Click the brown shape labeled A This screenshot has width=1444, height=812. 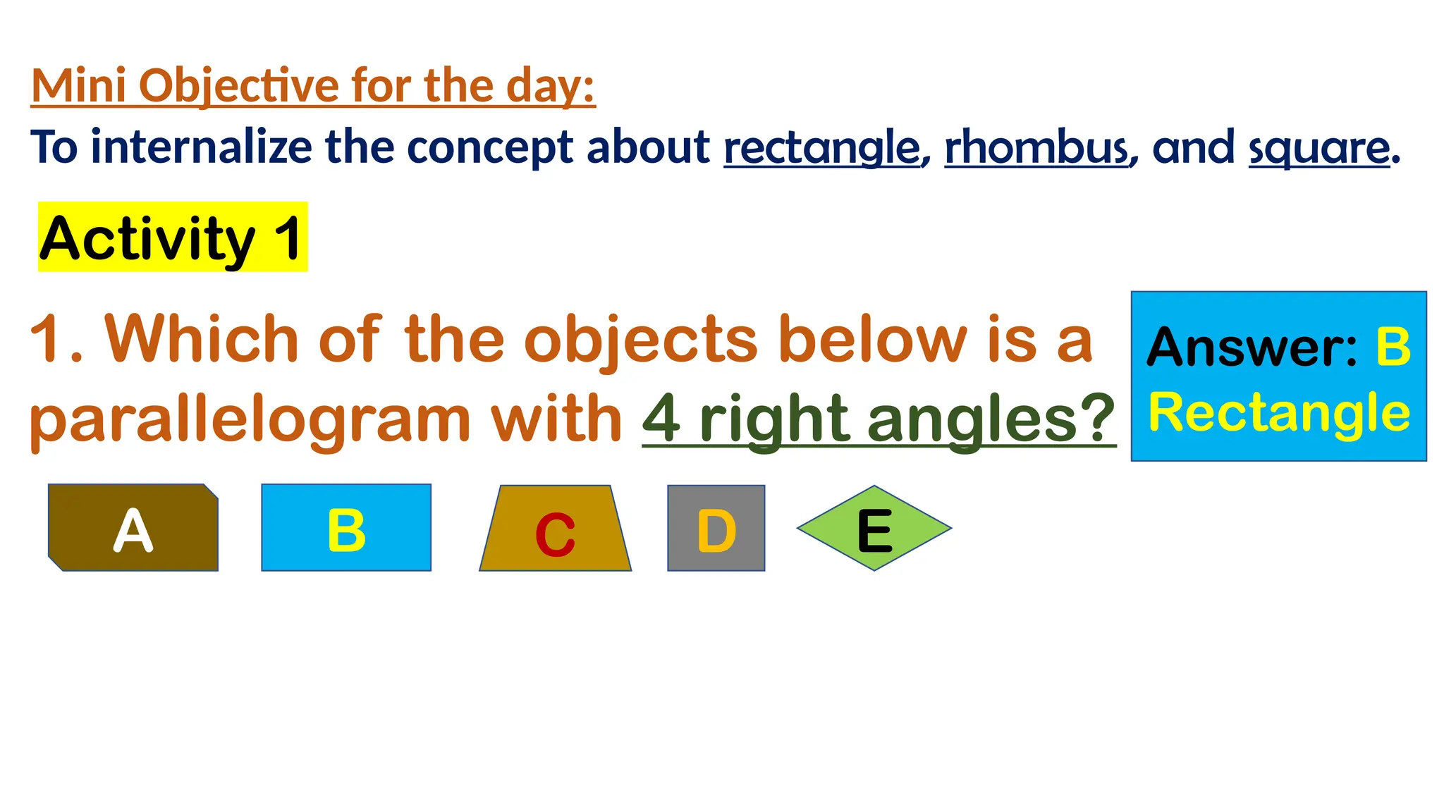[133, 527]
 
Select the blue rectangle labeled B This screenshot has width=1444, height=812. [345, 527]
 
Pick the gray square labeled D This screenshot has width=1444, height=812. [716, 528]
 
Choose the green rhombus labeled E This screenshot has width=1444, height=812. [874, 528]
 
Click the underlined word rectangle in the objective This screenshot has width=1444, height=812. [821, 148]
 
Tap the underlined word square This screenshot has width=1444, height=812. [1319, 148]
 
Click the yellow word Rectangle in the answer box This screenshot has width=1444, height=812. [1279, 413]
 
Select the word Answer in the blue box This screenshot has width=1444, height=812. [1251, 347]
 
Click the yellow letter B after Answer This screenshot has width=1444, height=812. [1393, 347]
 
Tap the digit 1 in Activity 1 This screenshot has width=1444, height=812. [288, 238]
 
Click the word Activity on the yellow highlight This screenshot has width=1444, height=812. [147, 238]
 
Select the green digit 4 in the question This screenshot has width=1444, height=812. [661, 418]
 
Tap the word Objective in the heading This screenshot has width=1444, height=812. [240, 86]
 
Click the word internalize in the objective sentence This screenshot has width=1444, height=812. [201, 147]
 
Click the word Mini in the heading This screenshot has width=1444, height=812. [79, 86]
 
